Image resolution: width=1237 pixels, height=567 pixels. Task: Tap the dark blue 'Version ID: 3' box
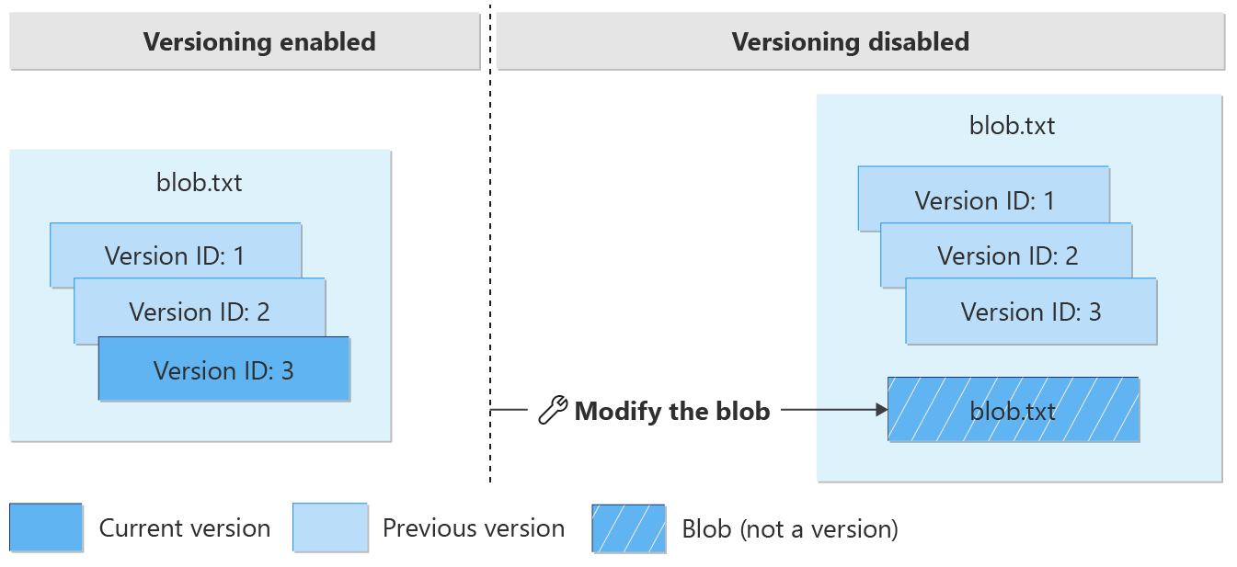(223, 369)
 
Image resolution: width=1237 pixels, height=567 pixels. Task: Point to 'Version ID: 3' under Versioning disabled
(1031, 311)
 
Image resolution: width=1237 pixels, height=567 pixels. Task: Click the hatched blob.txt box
(1013, 410)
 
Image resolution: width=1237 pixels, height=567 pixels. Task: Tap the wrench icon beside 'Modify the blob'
(552, 411)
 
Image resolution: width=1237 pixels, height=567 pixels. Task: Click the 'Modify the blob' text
(671, 411)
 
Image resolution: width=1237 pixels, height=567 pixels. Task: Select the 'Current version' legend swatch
(46, 527)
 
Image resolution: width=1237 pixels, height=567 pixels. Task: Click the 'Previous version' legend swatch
(330, 527)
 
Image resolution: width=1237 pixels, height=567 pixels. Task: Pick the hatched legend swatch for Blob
(628, 528)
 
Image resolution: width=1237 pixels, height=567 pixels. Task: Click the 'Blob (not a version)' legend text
(790, 528)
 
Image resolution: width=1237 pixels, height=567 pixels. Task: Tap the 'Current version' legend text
(185, 528)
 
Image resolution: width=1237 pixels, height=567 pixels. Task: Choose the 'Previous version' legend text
(474, 528)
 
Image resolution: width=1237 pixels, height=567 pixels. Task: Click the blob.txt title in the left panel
(200, 182)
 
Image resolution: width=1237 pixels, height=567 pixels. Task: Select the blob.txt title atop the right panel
(1012, 125)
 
